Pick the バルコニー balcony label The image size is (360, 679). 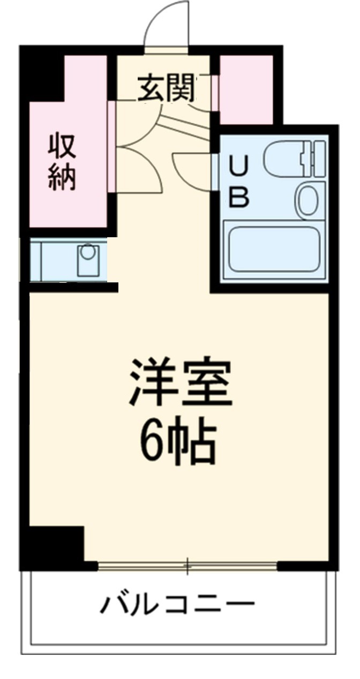click(x=177, y=605)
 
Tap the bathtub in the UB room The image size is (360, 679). click(x=274, y=249)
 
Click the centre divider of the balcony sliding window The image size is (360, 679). click(x=187, y=565)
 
